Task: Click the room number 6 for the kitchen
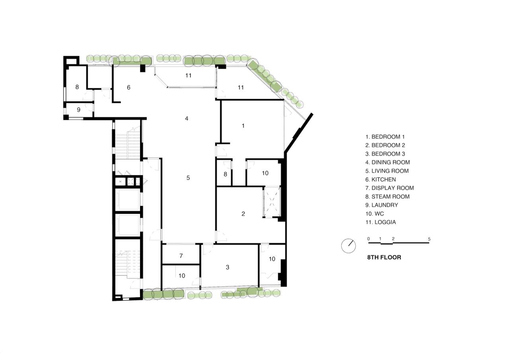coord(128,88)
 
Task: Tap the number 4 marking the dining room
coord(187,119)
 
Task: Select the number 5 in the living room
coord(188,178)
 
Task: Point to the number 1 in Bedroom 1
coord(243,126)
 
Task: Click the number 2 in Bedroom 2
coord(243,214)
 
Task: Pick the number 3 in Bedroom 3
coord(227,267)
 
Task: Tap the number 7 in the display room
coord(181,256)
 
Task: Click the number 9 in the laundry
coord(79,110)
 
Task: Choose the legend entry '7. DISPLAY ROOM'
coord(390,188)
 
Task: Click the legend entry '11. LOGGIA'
coord(381,222)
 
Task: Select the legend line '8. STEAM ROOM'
coord(387,197)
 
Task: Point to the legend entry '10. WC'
coord(375,214)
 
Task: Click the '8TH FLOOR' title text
coord(384,257)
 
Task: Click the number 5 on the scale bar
coord(429,239)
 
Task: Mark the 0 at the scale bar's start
coord(368,239)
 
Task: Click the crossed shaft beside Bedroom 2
coord(272,202)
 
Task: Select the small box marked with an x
coord(120,181)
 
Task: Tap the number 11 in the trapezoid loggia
coord(188,76)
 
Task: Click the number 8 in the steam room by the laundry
coord(77,87)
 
